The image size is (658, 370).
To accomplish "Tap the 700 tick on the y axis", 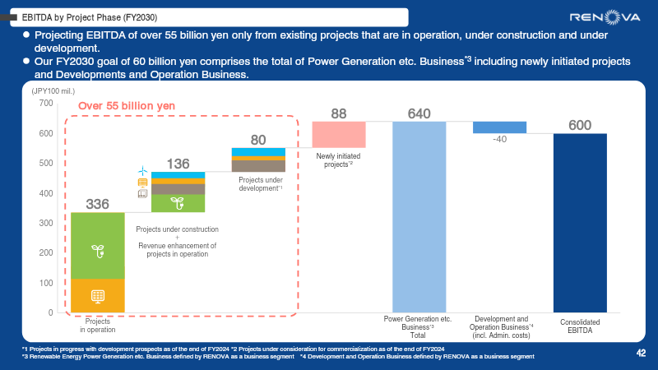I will [44, 104].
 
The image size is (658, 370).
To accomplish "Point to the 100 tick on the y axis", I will [44, 283].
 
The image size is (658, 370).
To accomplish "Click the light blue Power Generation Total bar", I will [419, 216].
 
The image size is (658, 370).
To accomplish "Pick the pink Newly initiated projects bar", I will [338, 134].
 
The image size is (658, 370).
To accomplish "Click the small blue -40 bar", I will [499, 127].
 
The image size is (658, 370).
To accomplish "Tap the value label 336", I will [97, 204].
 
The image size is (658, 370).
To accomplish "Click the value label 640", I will [419, 113].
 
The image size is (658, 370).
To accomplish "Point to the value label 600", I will [580, 125].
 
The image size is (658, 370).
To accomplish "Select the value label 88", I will [338, 113].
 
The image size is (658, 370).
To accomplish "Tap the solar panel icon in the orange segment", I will [97, 296].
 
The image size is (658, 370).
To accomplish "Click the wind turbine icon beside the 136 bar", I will [142, 170].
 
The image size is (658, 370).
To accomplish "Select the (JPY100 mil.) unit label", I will [53, 91].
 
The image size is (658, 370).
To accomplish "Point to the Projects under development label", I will [261, 183].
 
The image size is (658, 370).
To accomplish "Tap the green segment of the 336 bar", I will [97, 246].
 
